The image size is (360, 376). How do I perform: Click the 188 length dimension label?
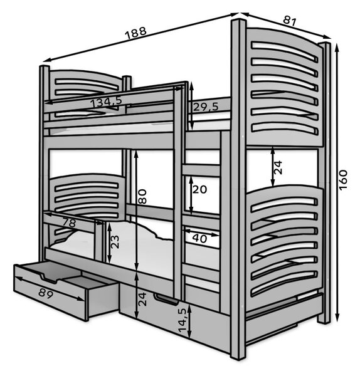(135, 33)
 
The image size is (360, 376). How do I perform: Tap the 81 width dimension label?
(289, 21)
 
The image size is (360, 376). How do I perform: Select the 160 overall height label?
(343, 180)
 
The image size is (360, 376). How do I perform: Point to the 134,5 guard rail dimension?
(107, 102)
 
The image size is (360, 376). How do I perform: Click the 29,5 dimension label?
(206, 107)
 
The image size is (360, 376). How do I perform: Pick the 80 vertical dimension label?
(142, 196)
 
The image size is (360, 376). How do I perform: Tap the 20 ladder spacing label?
(199, 189)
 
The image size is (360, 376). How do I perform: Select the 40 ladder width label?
(199, 238)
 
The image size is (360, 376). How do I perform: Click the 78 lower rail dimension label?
(69, 222)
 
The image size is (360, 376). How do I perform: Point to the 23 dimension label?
(115, 242)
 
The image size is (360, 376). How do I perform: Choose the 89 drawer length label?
(46, 293)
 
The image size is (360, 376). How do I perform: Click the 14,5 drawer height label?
(183, 321)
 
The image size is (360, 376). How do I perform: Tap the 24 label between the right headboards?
(278, 167)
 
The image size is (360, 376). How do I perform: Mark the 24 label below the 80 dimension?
(142, 299)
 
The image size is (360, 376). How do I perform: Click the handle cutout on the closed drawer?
(167, 300)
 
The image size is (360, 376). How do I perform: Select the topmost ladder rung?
(201, 170)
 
